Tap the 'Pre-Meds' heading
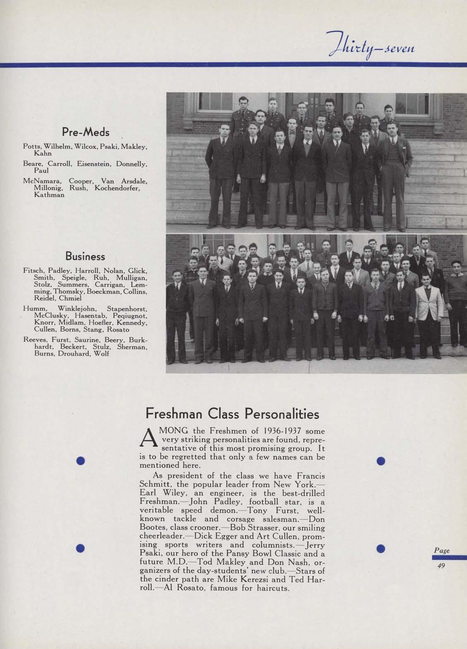click(x=86, y=132)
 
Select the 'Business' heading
click(x=86, y=256)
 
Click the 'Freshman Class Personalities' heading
click(x=232, y=414)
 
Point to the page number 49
click(x=441, y=566)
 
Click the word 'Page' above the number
click(x=441, y=551)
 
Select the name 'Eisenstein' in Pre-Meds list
click(x=94, y=164)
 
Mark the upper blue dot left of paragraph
click(x=81, y=461)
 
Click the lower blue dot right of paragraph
click(x=381, y=548)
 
